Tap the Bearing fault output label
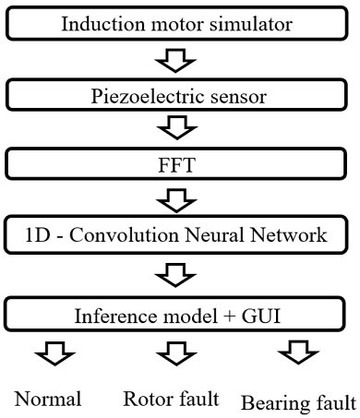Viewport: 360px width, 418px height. click(x=297, y=401)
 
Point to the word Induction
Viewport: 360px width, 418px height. click(x=97, y=23)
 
